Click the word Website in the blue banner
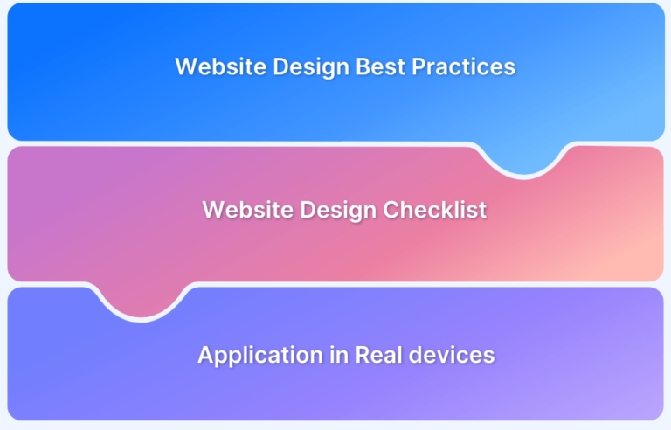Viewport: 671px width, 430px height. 215,67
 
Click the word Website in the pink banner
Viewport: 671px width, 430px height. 242,210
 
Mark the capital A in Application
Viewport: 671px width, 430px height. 205,356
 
